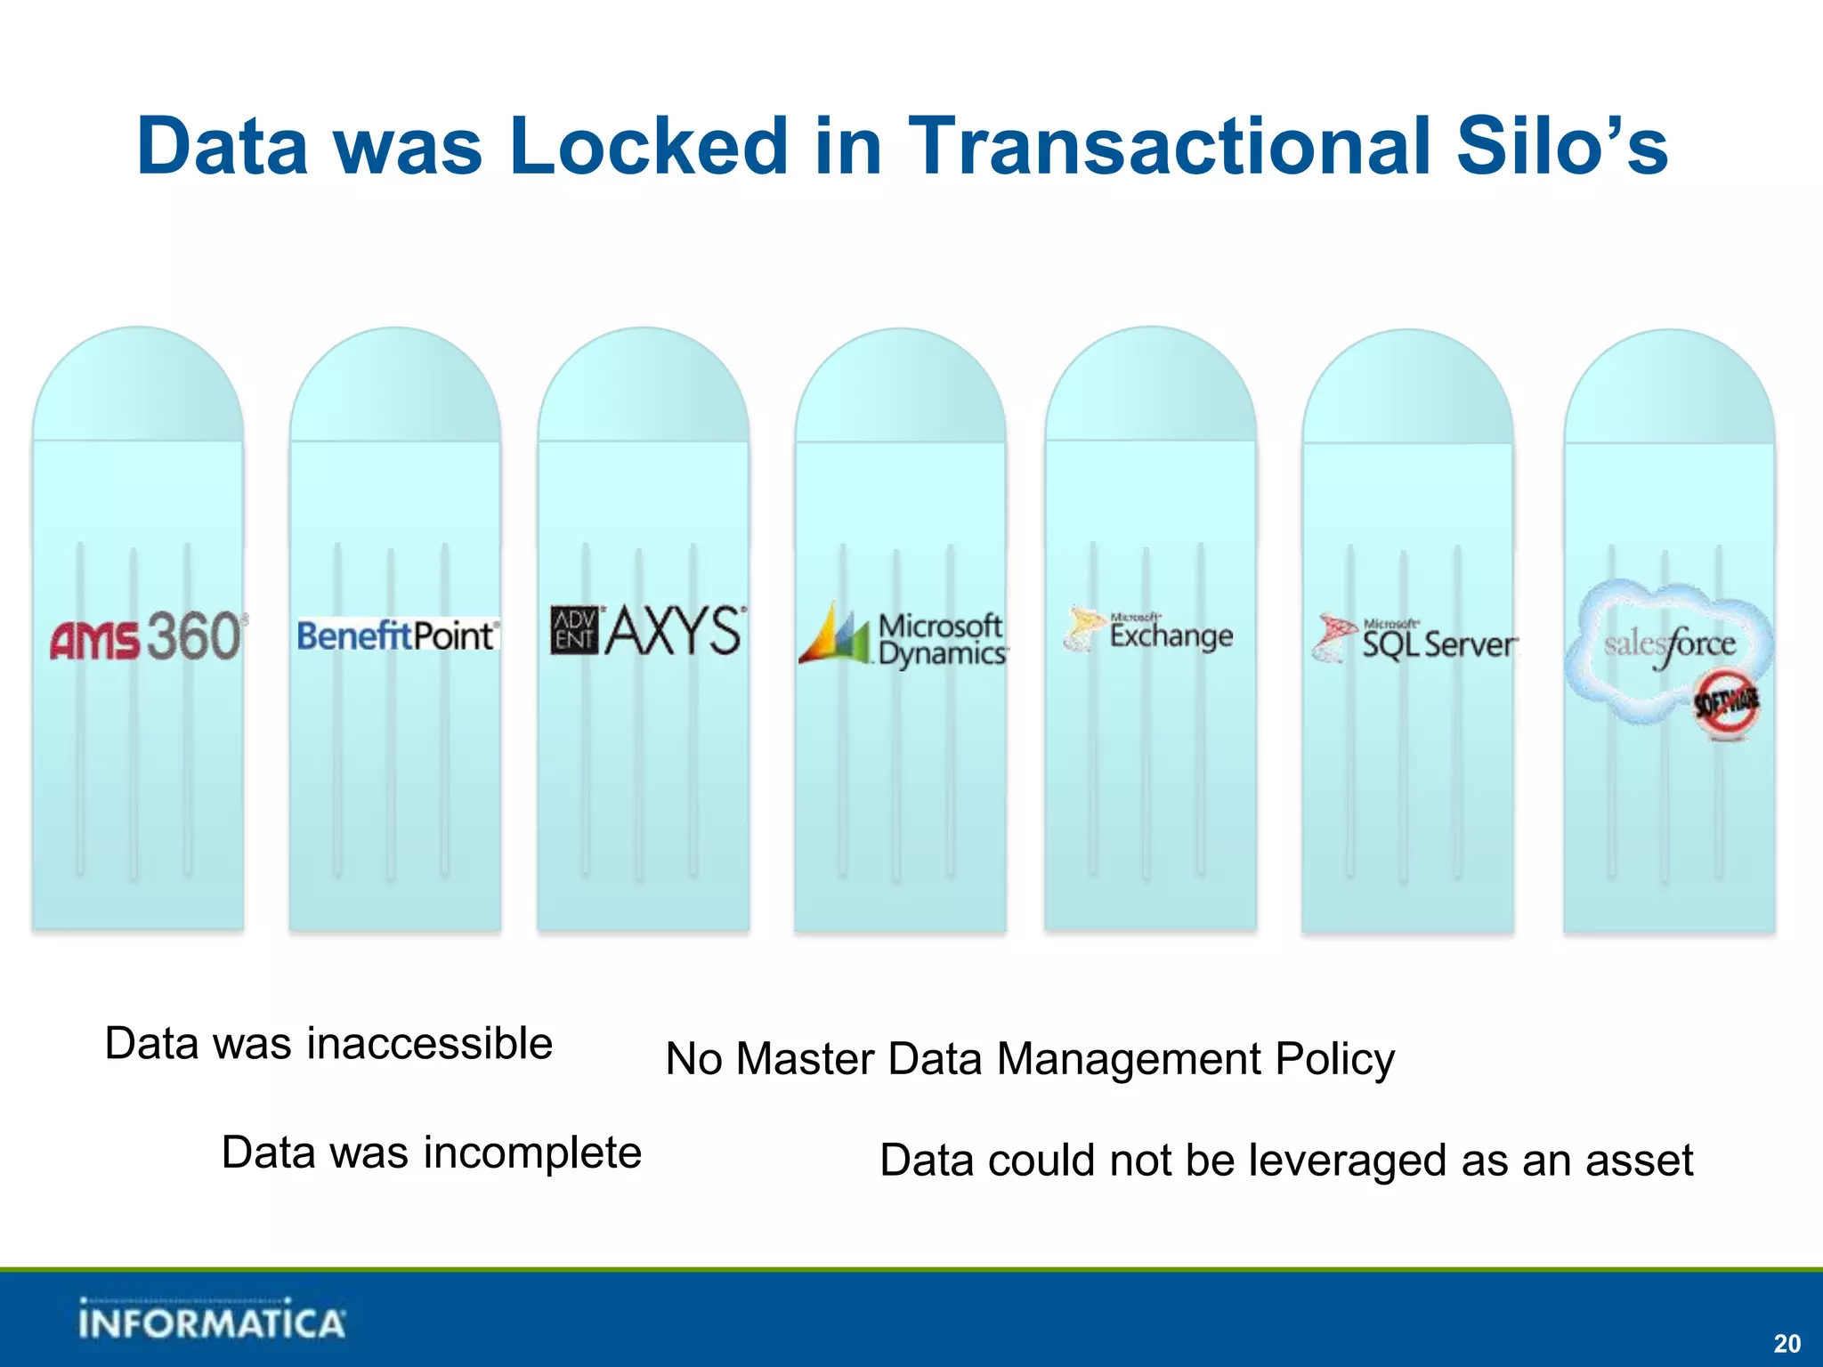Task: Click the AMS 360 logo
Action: coord(148,636)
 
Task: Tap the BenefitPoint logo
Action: coord(397,635)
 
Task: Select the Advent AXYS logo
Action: coord(648,631)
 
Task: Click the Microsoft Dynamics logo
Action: coord(903,637)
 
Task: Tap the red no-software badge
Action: coord(1726,704)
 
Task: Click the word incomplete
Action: coord(532,1153)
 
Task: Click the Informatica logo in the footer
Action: coord(211,1320)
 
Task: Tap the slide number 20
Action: coord(1787,1343)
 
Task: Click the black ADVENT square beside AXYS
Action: coord(574,630)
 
